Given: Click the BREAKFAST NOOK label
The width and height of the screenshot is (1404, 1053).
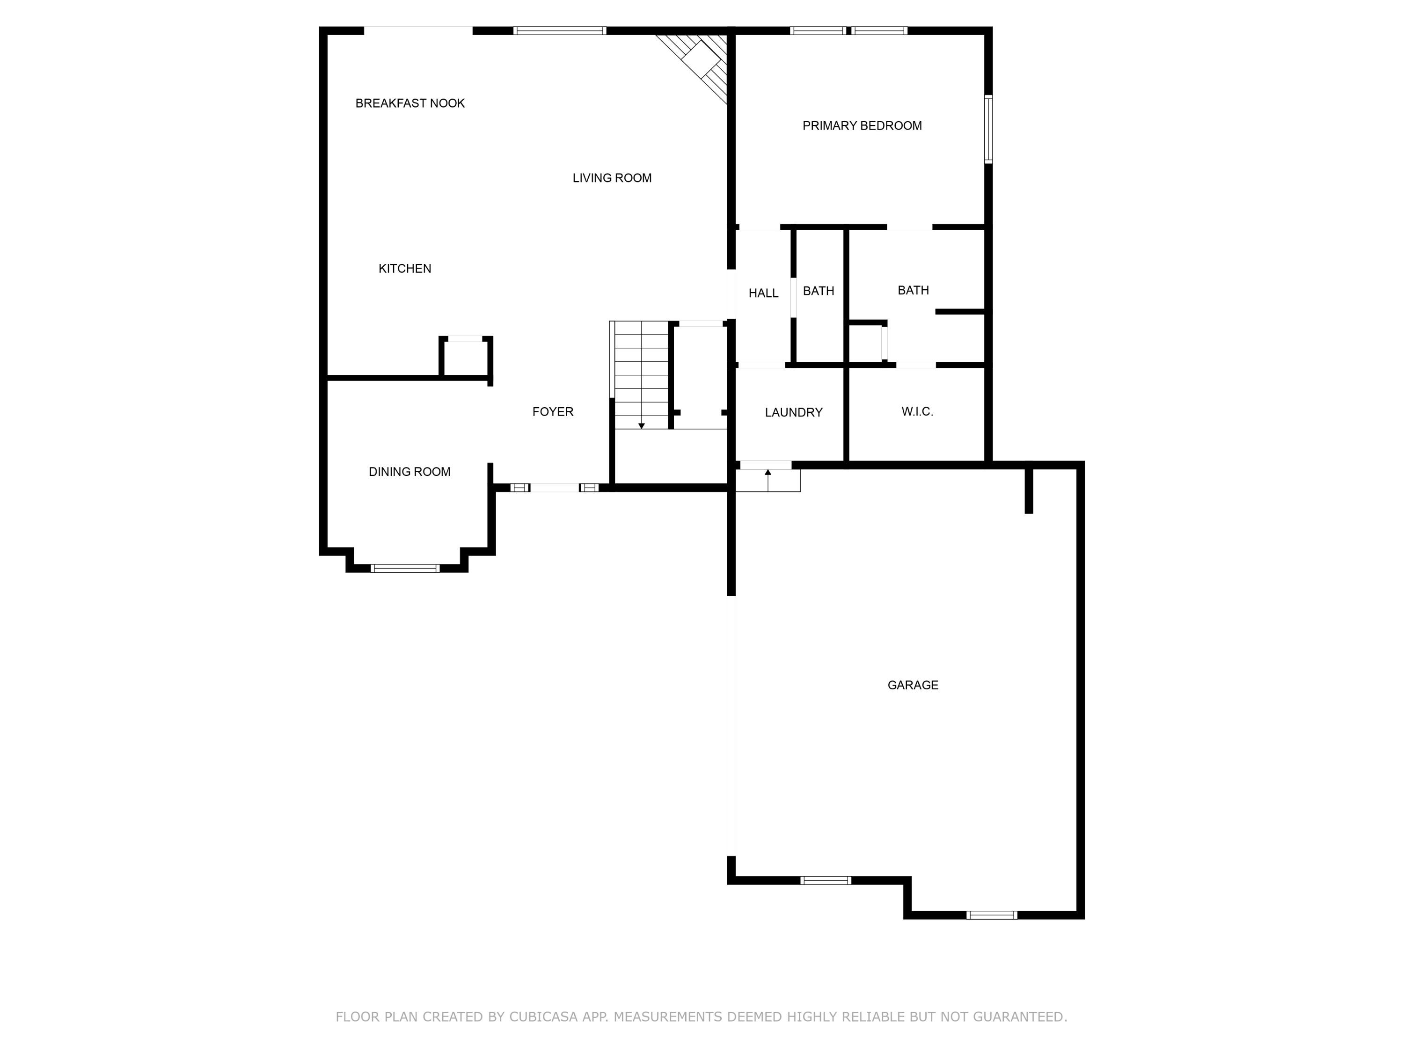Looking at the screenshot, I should [x=410, y=103].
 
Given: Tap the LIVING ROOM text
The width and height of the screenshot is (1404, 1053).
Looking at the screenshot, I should [x=612, y=178].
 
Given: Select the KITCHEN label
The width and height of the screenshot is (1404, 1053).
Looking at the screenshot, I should [x=404, y=269].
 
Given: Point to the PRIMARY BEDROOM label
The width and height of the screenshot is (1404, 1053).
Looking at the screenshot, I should [x=862, y=126].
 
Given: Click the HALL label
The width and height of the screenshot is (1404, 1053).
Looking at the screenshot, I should [x=763, y=293].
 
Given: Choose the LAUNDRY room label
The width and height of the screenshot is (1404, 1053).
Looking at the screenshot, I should [x=793, y=413].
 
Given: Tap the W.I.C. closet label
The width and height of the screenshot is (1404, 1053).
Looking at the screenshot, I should [x=917, y=411].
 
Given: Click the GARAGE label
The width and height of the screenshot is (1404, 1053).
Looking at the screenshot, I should [x=912, y=685].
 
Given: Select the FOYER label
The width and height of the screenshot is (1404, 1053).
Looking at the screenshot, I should [x=552, y=412].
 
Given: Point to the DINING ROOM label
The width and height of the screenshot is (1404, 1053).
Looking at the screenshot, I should [x=409, y=472].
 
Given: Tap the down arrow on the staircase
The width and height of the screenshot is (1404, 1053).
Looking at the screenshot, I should [x=641, y=425].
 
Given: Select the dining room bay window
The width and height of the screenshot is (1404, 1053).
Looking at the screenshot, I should [x=405, y=568].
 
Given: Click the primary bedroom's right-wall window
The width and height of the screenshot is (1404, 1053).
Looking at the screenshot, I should [x=988, y=130].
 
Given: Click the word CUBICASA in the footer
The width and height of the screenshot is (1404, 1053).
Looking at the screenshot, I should [x=543, y=1017].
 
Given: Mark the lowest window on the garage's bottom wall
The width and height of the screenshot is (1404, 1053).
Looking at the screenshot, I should [x=991, y=914].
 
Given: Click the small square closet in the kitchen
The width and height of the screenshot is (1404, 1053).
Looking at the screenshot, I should [x=465, y=358].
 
